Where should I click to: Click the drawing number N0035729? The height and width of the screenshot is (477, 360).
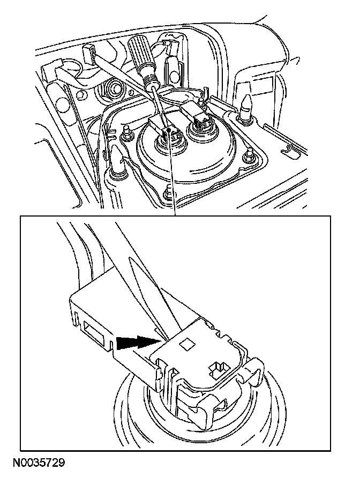tap(37, 461)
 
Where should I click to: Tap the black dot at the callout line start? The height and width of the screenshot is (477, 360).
tap(169, 130)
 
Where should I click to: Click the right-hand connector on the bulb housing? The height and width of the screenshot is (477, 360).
tap(198, 117)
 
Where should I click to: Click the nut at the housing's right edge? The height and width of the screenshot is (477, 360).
tap(248, 156)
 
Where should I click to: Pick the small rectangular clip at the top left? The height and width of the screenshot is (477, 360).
tap(90, 54)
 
